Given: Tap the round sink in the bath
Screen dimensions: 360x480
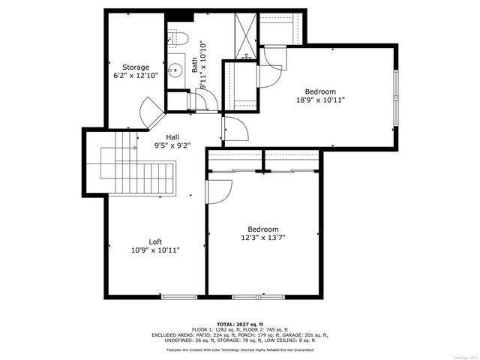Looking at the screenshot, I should pos(175,70).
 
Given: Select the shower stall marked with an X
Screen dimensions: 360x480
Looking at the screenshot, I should pos(244,36).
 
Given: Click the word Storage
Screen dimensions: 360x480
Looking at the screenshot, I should pos(136,67).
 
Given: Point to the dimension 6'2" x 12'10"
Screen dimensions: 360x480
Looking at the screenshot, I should pos(136,76).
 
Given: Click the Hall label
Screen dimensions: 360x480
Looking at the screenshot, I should pos(172,137).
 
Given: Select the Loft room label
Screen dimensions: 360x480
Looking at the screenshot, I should pos(155,241).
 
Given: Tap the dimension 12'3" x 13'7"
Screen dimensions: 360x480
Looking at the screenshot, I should pos(263,238).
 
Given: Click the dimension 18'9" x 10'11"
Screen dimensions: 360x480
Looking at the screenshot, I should pos(319,100).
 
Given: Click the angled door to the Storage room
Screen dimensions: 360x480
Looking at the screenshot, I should pos(151,114).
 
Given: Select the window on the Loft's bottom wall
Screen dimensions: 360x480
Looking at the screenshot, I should pos(178,297).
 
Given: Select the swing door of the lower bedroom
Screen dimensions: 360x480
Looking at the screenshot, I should pos(217,193).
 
